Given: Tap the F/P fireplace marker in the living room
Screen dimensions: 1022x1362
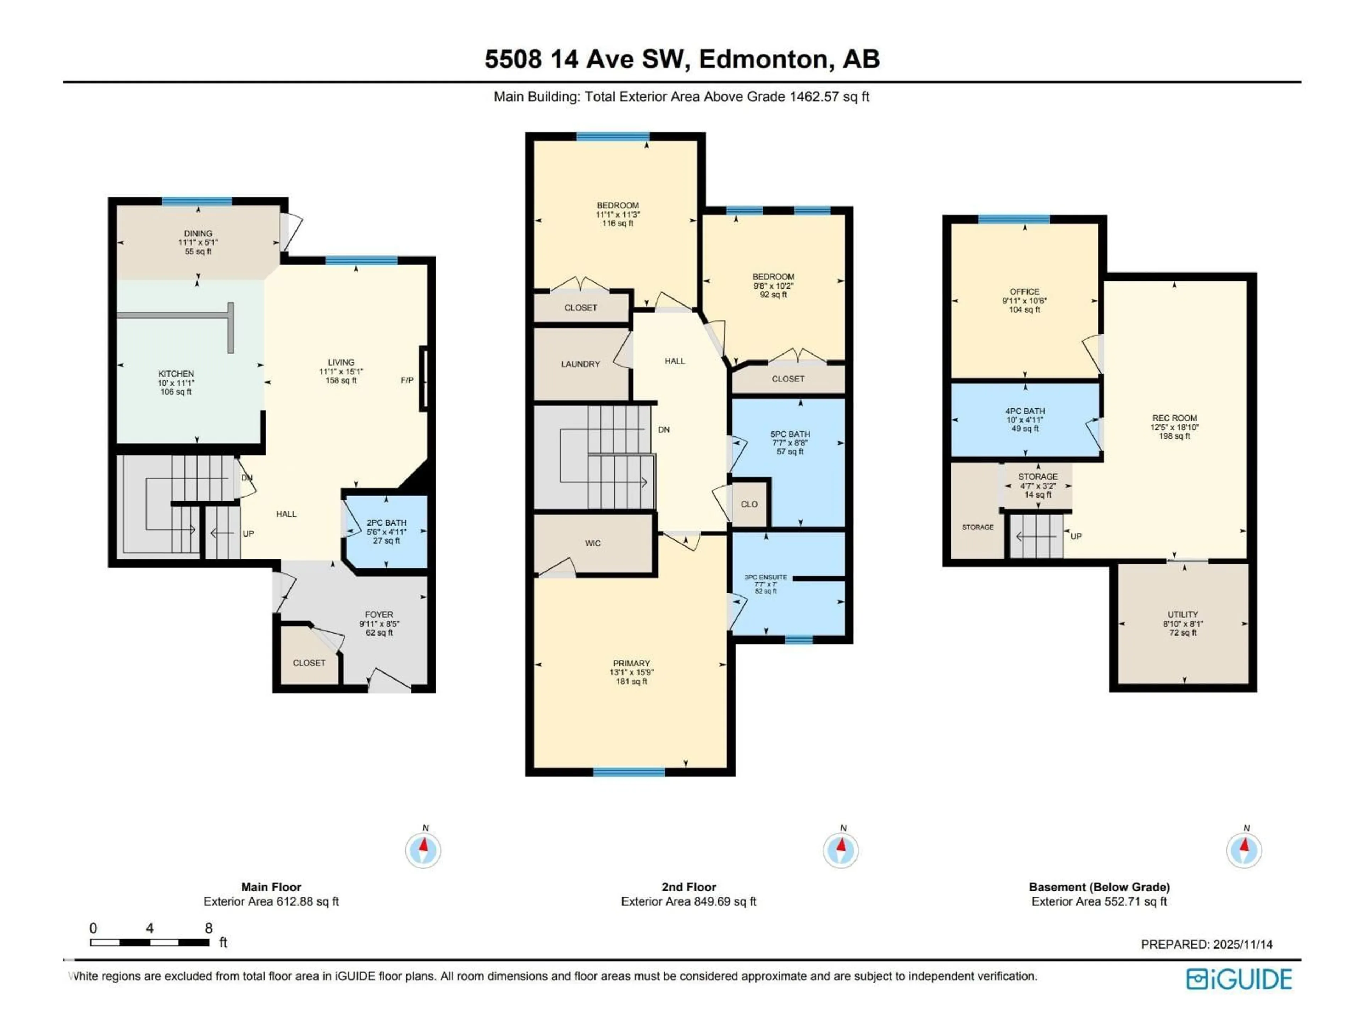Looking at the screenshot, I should click(407, 380).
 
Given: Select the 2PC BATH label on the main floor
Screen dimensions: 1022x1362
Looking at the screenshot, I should click(387, 522).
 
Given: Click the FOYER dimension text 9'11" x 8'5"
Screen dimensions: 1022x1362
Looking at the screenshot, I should click(379, 623).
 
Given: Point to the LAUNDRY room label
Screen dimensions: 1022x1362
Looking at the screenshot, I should click(580, 364).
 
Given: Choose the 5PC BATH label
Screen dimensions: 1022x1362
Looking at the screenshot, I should click(790, 434).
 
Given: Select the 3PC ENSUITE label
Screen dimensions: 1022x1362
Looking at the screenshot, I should click(766, 577).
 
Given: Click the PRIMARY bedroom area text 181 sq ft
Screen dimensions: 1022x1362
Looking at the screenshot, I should click(631, 681).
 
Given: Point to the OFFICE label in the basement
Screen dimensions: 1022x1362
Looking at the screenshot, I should click(1025, 291).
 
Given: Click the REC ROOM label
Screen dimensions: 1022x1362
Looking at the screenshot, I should click(1175, 418).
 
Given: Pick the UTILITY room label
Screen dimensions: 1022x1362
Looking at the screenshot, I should click(1183, 614).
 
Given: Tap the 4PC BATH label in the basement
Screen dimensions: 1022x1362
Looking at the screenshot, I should click(1025, 411).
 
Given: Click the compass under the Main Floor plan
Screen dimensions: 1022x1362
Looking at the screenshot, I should click(423, 850).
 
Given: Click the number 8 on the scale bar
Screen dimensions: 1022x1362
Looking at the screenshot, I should click(209, 928).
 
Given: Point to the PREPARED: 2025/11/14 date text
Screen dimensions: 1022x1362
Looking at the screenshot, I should click(1207, 944).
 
